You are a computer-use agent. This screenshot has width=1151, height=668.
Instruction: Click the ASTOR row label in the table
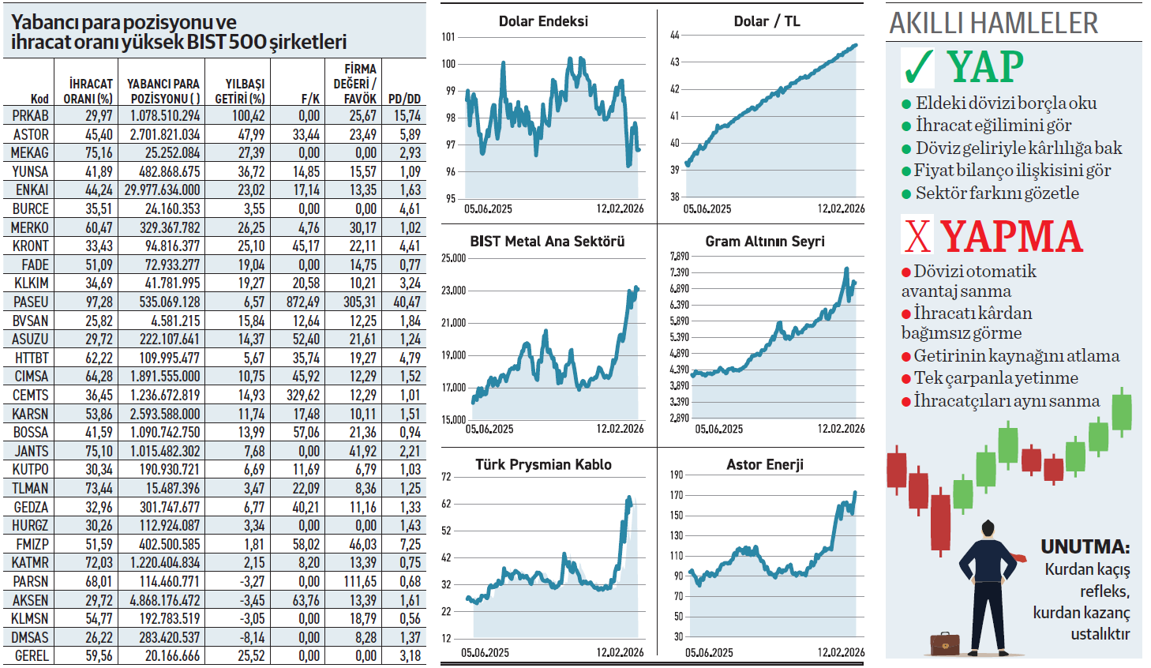31,134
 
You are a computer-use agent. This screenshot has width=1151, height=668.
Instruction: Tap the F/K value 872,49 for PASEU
303,302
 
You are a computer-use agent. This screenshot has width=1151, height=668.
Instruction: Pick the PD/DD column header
404,99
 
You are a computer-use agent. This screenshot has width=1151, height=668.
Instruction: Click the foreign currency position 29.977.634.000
163,190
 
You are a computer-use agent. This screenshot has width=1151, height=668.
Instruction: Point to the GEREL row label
32,655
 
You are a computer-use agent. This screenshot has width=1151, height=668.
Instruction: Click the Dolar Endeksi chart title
543,21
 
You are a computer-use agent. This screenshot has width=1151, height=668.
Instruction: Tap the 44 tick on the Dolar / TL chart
674,35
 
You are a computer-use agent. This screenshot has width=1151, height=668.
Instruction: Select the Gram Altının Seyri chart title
764,242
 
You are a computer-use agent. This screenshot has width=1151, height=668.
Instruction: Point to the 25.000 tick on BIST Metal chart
453,258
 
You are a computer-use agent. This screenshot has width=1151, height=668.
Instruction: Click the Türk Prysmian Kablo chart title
543,464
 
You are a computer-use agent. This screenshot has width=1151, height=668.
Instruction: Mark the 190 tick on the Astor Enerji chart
676,475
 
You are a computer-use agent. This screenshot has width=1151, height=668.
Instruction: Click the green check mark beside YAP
918,67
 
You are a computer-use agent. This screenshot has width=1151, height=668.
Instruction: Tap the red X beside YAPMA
917,235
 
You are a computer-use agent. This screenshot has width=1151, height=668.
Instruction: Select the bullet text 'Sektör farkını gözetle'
996,193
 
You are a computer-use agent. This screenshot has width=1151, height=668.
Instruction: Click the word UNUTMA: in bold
1085,546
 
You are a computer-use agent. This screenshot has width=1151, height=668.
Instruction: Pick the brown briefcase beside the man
944,644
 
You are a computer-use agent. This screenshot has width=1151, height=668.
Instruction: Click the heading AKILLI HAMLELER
993,23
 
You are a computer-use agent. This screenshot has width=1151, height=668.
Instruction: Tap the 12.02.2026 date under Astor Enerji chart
841,652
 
